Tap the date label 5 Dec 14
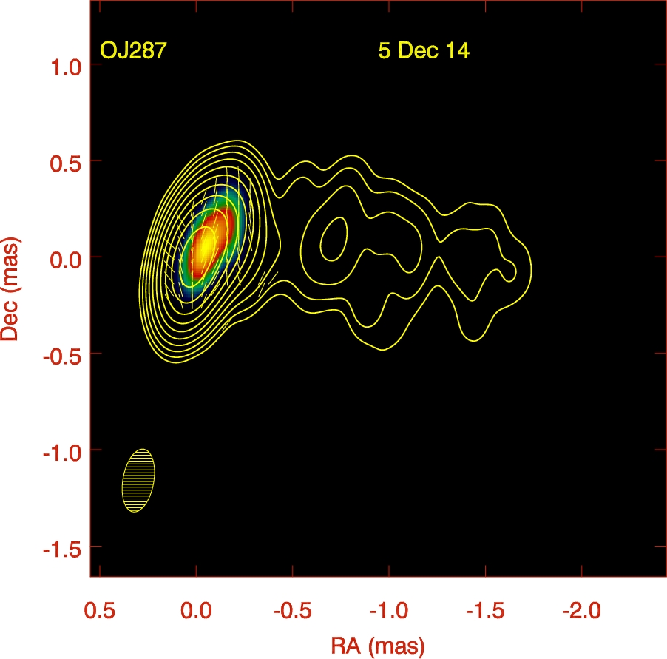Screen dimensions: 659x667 (x=424, y=52)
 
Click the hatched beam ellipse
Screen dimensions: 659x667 (x=138, y=481)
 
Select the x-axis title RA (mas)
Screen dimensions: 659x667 (x=378, y=645)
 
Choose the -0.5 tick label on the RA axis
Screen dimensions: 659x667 (x=291, y=612)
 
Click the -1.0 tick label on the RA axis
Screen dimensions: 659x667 (x=387, y=612)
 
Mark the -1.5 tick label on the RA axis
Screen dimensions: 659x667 (x=483, y=612)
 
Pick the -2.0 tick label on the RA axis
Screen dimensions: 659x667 (x=580, y=612)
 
